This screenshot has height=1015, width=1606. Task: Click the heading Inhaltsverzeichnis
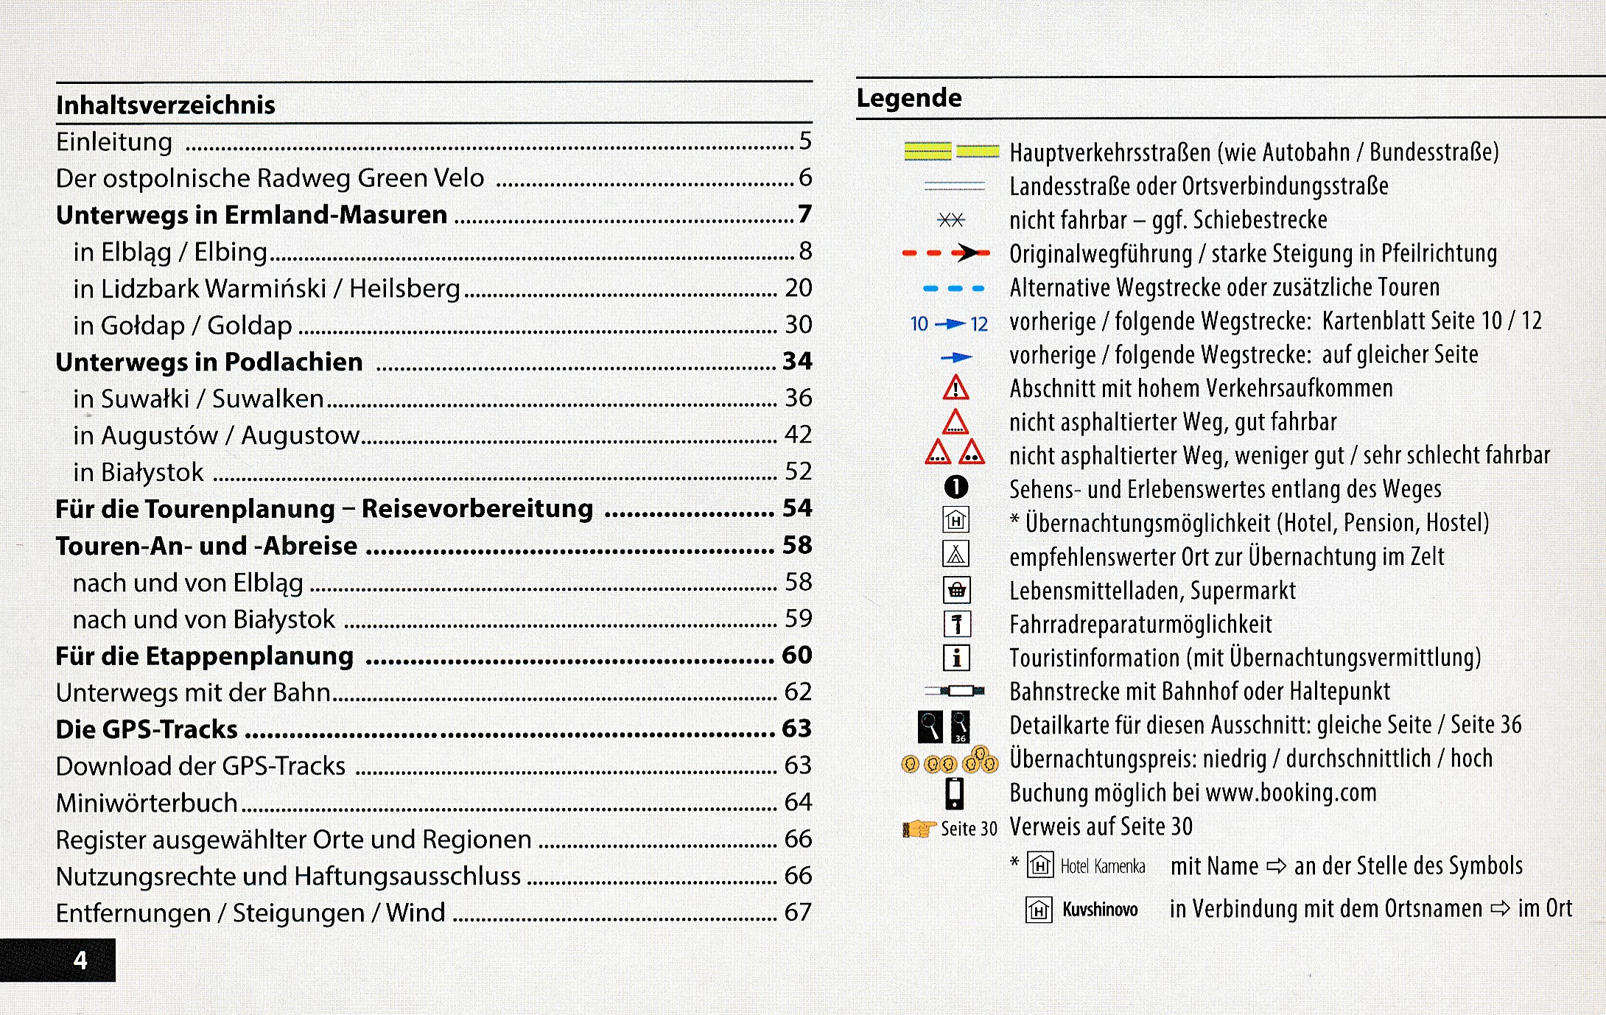click(x=166, y=105)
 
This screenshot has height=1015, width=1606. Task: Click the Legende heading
click(x=909, y=98)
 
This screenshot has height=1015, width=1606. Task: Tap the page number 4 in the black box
click(x=80, y=960)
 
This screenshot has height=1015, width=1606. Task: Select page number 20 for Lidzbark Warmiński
click(x=798, y=288)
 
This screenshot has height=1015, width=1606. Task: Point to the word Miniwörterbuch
click(x=147, y=803)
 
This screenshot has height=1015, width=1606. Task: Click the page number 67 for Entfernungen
click(x=797, y=913)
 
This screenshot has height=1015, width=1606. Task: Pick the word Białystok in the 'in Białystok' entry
click(x=152, y=472)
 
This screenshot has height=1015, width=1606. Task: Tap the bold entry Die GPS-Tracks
click(x=147, y=729)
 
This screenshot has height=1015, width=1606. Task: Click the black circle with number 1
click(x=955, y=487)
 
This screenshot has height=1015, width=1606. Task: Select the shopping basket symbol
click(x=956, y=590)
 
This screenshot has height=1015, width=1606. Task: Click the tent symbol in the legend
click(x=955, y=555)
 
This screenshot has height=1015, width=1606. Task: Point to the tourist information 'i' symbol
click(x=956, y=658)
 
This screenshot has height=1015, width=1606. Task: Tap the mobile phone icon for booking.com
click(x=955, y=793)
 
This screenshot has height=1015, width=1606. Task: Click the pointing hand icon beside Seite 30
click(x=919, y=829)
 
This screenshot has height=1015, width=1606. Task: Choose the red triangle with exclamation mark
click(x=955, y=387)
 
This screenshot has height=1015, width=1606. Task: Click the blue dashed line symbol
click(x=954, y=289)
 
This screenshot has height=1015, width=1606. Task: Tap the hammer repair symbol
click(x=956, y=625)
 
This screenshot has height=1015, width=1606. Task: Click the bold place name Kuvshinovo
click(x=1100, y=910)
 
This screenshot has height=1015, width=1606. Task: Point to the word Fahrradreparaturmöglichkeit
click(x=1140, y=625)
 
